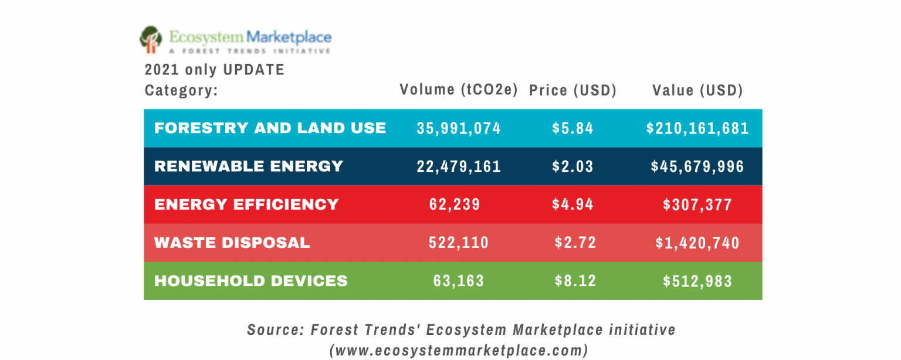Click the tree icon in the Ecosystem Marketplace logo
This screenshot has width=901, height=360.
pos(151,39)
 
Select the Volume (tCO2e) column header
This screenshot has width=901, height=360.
pos(459,90)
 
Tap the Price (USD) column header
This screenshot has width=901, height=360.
pos(573,90)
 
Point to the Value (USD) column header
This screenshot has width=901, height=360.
pos(697,90)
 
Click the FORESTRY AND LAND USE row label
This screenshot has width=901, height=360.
pos(270,128)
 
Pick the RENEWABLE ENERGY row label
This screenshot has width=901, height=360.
pos(248,166)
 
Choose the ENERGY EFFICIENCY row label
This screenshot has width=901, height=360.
pos(246,204)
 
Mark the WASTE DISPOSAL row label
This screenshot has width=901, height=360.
pos(232,242)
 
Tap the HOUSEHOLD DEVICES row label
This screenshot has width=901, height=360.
pos(250,281)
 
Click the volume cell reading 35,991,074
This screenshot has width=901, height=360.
pos(459,128)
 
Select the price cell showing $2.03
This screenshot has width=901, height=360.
pos(573,167)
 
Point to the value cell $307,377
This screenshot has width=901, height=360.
pos(697,205)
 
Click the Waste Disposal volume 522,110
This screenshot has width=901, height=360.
pos(459,243)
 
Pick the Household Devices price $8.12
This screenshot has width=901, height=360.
pos(575,281)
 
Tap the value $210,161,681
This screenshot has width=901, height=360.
pos(697,128)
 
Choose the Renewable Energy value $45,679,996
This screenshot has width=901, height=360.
pos(697,167)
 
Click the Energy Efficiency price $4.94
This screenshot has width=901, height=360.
pos(573,205)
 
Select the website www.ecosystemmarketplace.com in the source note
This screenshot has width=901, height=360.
pos(459,351)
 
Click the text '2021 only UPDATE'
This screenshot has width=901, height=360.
pos(214,70)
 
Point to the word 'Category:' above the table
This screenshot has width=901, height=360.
pos(181,91)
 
